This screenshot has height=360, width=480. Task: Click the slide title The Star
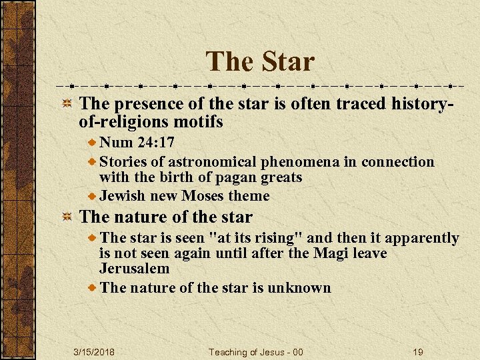pyautogui.click(x=260, y=61)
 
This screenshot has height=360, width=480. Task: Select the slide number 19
pyautogui.click(x=418, y=352)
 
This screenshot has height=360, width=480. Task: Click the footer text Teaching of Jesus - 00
pyautogui.click(x=256, y=352)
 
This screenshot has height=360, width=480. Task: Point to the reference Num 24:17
pyautogui.click(x=137, y=142)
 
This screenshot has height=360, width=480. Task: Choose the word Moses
pyautogui.click(x=203, y=196)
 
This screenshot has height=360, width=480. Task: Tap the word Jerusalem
pyautogui.click(x=135, y=269)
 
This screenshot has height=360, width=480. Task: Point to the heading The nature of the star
pyautogui.click(x=166, y=217)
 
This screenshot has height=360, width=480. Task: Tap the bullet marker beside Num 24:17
pyautogui.click(x=93, y=142)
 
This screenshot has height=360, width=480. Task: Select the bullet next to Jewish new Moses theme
pyautogui.click(x=93, y=196)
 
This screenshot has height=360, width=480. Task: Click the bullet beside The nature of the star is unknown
pyautogui.click(x=93, y=288)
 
